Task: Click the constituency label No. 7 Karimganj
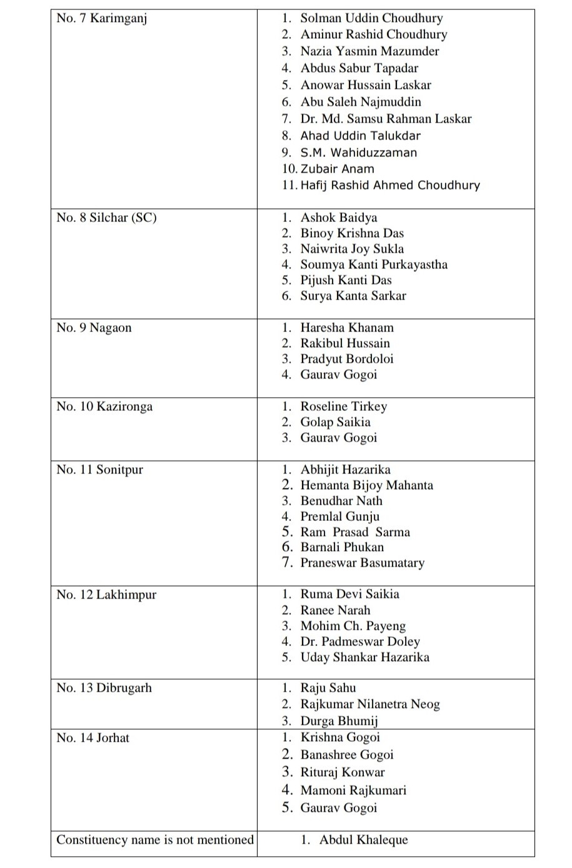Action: tap(102, 18)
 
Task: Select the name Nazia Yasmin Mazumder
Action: tap(369, 51)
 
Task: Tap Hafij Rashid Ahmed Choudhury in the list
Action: tap(390, 185)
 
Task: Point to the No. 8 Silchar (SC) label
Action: tap(106, 218)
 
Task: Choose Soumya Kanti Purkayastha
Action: tap(374, 265)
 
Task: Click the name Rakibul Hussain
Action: tap(345, 343)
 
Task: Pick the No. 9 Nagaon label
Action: tap(94, 328)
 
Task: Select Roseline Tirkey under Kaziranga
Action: tap(344, 406)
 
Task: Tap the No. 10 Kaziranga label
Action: tap(104, 406)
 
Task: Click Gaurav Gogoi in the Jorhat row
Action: tap(339, 808)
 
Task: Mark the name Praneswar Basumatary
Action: tap(362, 563)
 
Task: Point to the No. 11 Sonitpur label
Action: tap(99, 470)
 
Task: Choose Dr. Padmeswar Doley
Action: tap(360, 642)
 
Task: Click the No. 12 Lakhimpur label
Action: tap(106, 595)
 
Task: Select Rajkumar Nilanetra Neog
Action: tap(370, 704)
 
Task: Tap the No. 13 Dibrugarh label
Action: tap(104, 688)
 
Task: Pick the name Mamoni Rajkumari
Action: tap(353, 790)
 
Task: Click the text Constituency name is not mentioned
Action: tap(155, 840)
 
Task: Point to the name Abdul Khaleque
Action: tap(363, 840)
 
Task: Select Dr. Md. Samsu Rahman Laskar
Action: tap(386, 119)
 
